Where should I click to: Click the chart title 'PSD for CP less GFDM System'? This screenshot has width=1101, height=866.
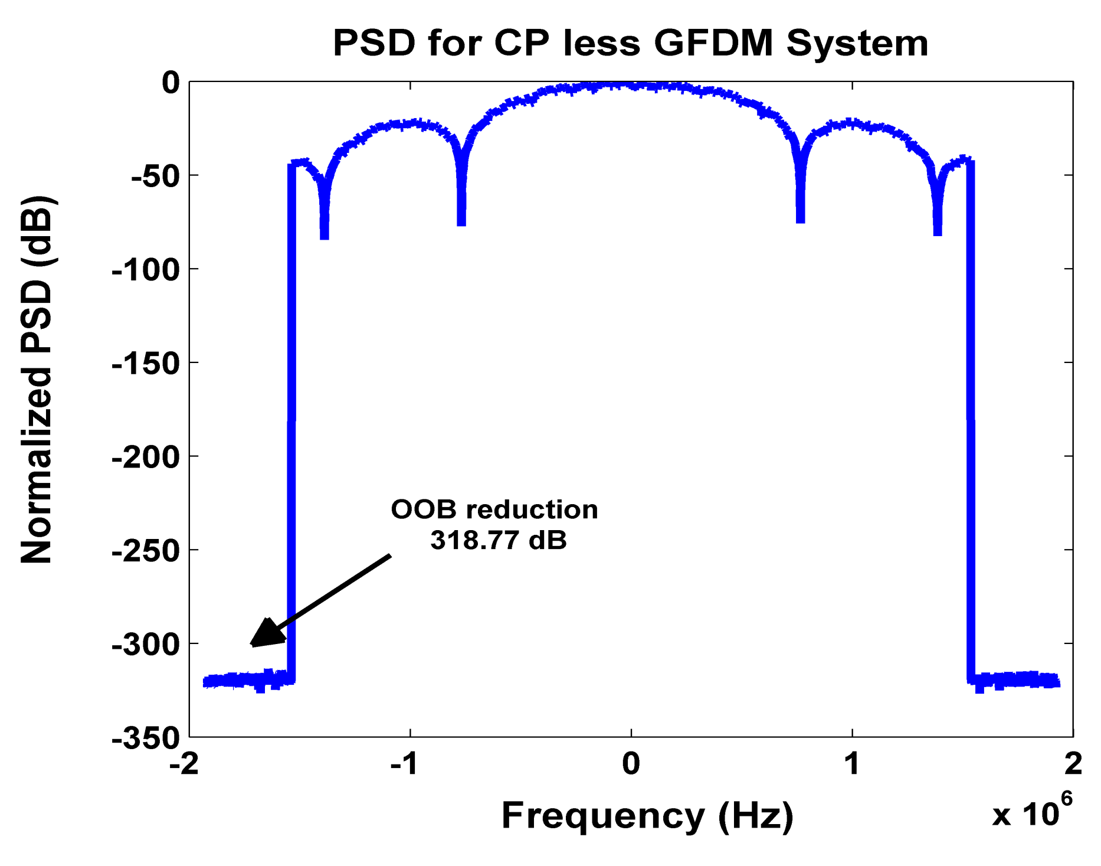(x=630, y=43)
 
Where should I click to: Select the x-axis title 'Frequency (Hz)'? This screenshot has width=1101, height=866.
(x=647, y=816)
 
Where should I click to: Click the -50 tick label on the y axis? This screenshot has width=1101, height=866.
(x=155, y=176)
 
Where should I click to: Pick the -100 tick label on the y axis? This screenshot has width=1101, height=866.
(x=146, y=270)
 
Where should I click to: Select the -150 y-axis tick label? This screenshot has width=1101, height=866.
(x=146, y=363)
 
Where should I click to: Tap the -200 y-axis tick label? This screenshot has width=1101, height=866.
(x=146, y=457)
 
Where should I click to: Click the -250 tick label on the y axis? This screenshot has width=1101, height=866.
(x=146, y=551)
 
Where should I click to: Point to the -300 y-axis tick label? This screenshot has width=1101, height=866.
(x=146, y=644)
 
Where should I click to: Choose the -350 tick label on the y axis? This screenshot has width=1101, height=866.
(x=146, y=738)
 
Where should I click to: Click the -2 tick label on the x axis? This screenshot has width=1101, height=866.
(x=183, y=764)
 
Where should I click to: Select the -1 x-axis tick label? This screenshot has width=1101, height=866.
(x=405, y=764)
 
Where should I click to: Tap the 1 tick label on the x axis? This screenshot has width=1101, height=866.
(x=851, y=764)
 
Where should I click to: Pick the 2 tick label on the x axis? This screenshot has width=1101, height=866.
(x=1073, y=764)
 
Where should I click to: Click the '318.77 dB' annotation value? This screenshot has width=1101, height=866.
(x=499, y=540)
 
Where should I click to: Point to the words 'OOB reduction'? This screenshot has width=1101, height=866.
(x=494, y=509)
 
